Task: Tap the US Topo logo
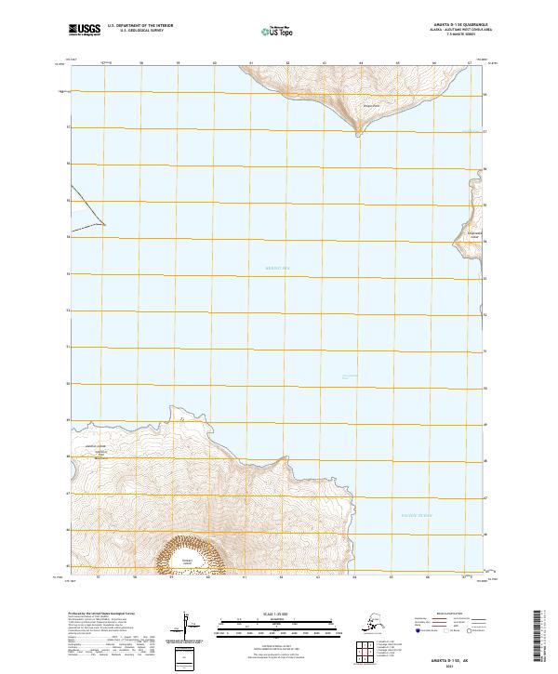pyautogui.click(x=278, y=32)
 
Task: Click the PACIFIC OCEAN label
pyautogui.click(x=417, y=515)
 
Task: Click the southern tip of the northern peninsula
pyautogui.click(x=359, y=134)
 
